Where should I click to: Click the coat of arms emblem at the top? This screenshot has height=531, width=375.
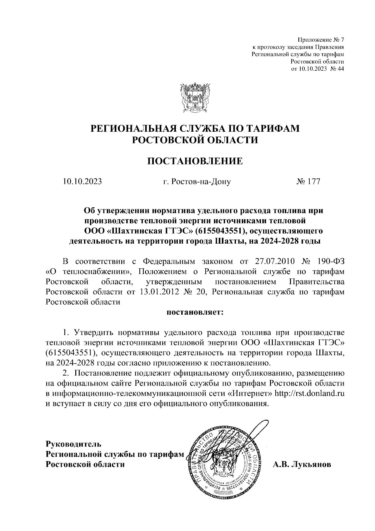click(194, 98)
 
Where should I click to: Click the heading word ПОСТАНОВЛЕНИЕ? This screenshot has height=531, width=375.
click(195, 161)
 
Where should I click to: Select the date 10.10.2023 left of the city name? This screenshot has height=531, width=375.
click(82, 181)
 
